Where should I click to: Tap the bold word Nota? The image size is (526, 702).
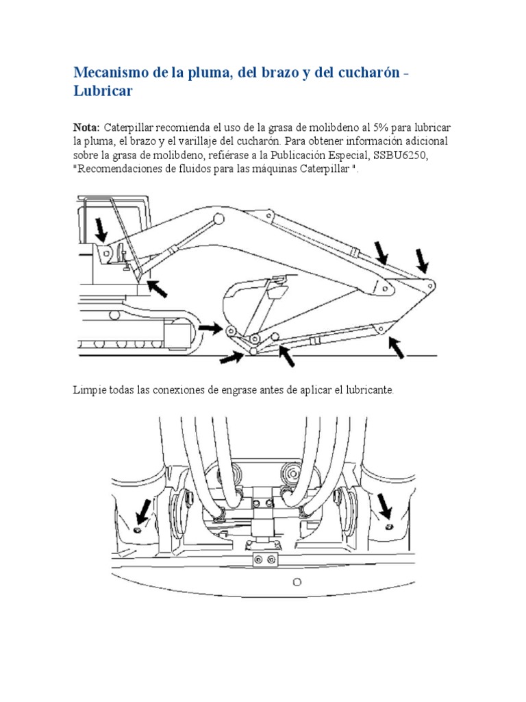coord(87,128)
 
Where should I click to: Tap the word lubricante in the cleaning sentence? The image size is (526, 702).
coord(367,390)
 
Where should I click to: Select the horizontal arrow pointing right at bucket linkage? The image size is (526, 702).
coord(208,329)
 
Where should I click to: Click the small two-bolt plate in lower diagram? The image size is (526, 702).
coord(264,560)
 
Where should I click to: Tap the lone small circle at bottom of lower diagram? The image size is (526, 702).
coord(297,583)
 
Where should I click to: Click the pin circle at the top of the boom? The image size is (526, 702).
coord(218,219)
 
